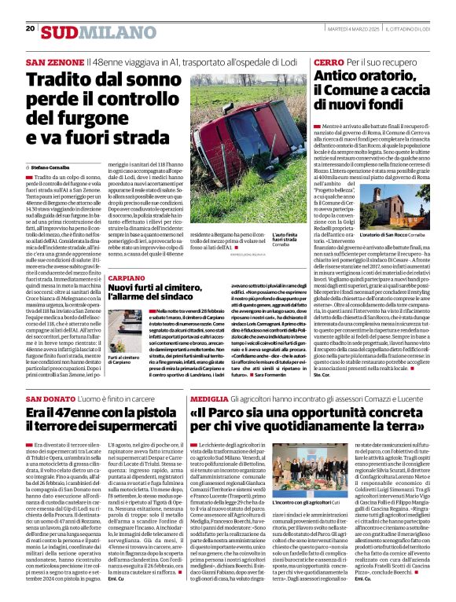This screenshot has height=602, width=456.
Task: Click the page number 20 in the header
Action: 30,29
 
